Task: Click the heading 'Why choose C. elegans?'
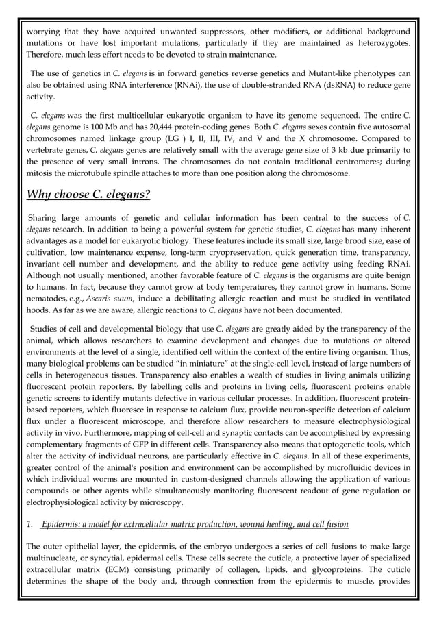(88, 194)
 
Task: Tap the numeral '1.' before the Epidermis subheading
(29, 525)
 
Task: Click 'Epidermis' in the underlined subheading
(63, 525)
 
